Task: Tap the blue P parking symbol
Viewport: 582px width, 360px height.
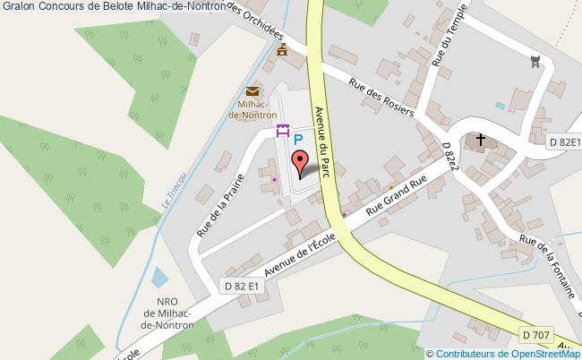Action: coord(299,140)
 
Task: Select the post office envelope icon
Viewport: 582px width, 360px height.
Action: coord(252,91)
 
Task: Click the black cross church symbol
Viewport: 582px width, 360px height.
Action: coord(481,140)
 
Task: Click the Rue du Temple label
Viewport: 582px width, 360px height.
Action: coord(445,44)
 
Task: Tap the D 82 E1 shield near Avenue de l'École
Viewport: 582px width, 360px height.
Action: coord(241,286)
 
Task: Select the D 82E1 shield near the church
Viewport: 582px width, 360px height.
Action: coord(564,142)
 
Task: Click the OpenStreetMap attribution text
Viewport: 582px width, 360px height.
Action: coord(504,353)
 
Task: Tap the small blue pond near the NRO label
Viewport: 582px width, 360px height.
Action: coord(158,277)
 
